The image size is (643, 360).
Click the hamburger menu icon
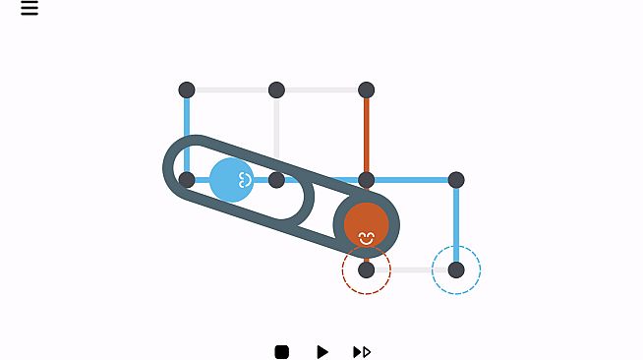click(29, 9)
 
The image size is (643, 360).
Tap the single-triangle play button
click(321, 351)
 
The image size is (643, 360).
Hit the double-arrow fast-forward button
click(362, 351)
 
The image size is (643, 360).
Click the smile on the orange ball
click(367, 237)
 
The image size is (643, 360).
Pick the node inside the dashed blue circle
click(456, 270)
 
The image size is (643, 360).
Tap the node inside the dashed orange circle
click(367, 270)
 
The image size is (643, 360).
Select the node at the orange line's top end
click(367, 90)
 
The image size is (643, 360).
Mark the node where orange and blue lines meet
click(367, 180)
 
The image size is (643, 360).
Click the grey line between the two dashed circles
click(411, 270)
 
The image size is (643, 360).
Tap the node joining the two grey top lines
click(277, 90)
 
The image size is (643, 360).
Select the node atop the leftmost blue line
click(187, 90)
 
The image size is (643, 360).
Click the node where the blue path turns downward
click(456, 180)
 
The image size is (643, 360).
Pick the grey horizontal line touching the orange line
click(321, 90)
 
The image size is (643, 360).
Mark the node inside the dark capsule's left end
click(187, 180)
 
